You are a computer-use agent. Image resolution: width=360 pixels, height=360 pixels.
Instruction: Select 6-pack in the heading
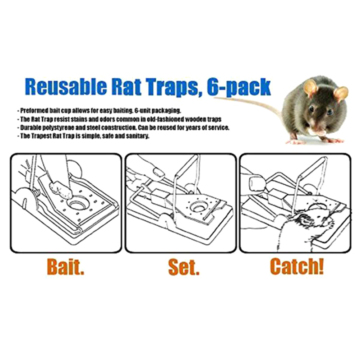coord(239,87)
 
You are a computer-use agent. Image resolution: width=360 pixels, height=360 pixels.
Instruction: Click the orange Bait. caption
coord(65,267)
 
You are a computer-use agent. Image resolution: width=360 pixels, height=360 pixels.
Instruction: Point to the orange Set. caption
coord(184,267)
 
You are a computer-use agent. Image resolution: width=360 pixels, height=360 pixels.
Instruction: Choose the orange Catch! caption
coord(297,266)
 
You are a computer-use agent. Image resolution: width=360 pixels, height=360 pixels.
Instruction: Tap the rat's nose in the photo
coord(319,130)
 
